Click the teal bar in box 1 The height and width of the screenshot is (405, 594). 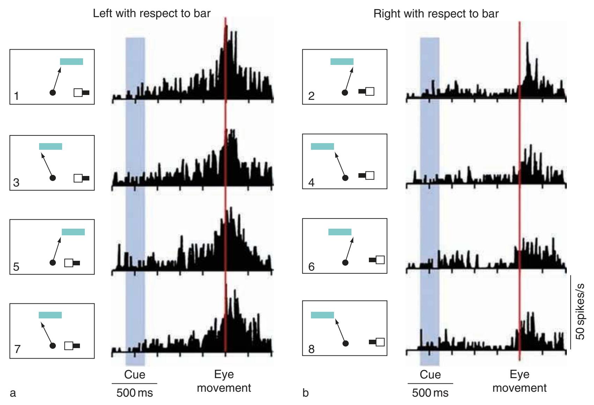[x=72, y=61]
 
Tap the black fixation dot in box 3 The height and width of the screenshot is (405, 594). [x=53, y=178]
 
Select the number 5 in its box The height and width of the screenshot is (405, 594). [x=16, y=267]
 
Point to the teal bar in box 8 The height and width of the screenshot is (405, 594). [x=322, y=315]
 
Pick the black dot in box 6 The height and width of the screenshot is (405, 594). [x=345, y=263]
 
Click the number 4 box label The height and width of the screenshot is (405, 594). [x=311, y=182]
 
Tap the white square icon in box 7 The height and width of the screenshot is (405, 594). [x=69, y=346]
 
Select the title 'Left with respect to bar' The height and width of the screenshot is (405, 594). [x=151, y=14]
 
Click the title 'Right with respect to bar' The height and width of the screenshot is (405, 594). [x=436, y=14]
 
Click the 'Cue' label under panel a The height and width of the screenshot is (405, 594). [x=134, y=375]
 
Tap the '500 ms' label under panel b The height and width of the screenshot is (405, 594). [x=430, y=393]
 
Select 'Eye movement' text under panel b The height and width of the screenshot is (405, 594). [x=519, y=381]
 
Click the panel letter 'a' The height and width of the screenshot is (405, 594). [x=13, y=393]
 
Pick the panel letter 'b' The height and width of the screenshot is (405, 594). [x=305, y=393]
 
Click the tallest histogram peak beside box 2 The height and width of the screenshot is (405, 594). [x=527, y=44]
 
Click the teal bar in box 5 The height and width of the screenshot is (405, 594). [x=73, y=232]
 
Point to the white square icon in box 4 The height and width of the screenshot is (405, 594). [x=370, y=175]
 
